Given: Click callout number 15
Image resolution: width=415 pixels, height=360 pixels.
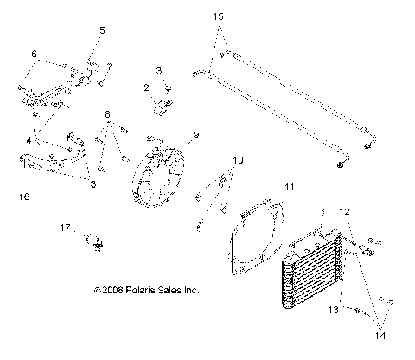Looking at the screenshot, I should coord(217,16).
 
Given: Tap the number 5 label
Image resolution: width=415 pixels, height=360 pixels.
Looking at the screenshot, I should coord(102,30).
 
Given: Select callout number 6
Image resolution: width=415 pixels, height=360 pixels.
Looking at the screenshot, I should coord(34,54).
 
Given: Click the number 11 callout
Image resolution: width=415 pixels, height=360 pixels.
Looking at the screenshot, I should coord(290,186).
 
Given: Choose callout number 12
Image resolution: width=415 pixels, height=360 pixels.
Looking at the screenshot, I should coord(344,210).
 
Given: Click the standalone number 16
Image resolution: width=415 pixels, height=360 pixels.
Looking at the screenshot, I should coord(23,197).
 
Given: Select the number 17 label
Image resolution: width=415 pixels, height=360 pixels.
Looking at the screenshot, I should coord(64,228).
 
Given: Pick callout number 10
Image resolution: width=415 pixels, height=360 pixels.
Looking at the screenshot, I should coord(238,161).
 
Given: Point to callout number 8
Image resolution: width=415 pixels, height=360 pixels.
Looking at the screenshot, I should coord(107,114).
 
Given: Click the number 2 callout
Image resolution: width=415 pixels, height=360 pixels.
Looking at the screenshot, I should coord(147,87).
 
